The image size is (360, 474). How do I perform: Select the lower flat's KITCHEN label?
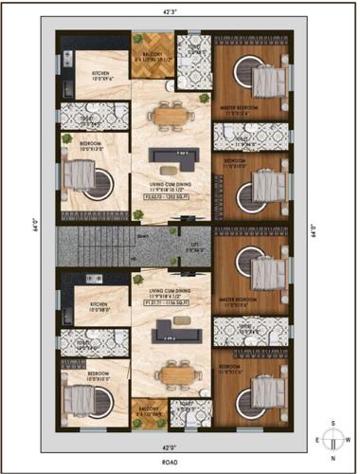[100, 307]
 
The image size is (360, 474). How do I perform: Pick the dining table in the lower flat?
[171, 374]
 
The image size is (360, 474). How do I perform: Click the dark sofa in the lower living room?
[171, 330]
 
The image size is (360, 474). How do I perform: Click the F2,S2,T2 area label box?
[173, 207]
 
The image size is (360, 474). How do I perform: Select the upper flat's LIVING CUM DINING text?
[171, 193]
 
